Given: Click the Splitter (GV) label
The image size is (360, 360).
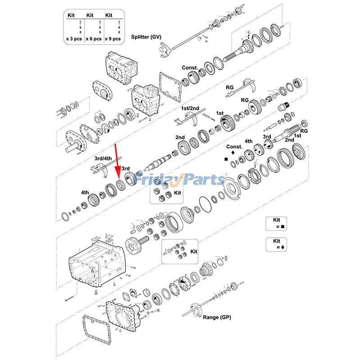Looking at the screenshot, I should [x=146, y=36].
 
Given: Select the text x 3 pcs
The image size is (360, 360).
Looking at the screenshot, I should [x=73, y=39].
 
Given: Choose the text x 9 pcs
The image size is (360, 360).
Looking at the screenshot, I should [x=112, y=39].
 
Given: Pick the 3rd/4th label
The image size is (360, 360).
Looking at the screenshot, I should [x=103, y=158].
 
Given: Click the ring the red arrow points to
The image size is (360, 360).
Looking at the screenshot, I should [x=120, y=184].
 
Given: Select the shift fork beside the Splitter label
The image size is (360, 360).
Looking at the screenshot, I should [x=164, y=47].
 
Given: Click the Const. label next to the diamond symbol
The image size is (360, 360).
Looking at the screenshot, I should [x=234, y=147].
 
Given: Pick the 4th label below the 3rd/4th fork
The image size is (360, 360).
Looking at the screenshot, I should [x=85, y=192].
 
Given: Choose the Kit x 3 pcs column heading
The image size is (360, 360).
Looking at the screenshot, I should [x=71, y=15].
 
